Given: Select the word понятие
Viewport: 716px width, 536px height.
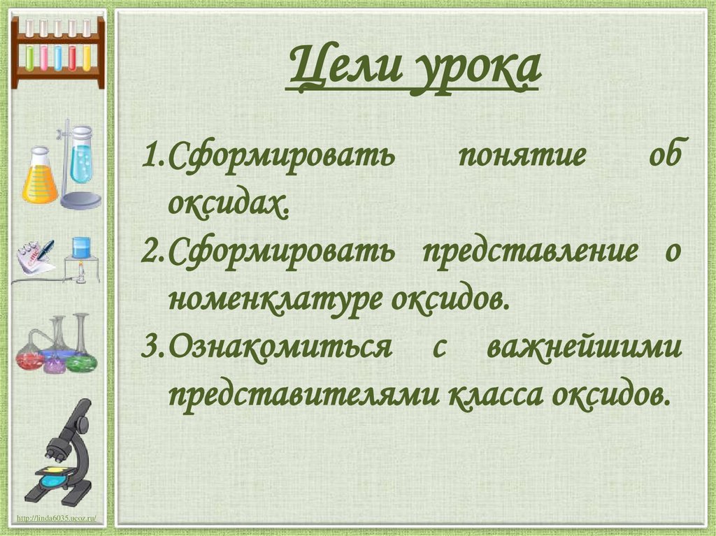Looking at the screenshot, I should (x=521, y=154).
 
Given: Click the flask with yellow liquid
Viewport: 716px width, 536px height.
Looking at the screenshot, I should (x=39, y=178).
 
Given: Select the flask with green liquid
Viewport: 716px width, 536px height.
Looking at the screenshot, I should (x=81, y=356).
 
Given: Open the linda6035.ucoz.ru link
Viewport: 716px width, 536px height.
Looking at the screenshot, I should (x=59, y=518).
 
